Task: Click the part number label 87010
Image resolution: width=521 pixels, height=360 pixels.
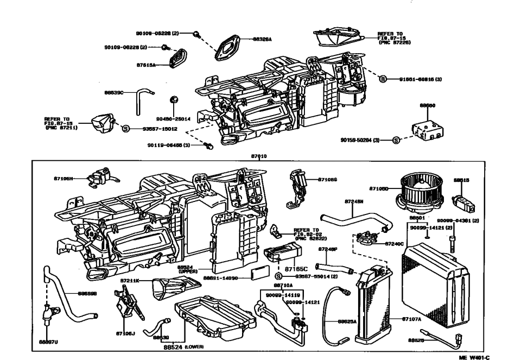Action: (x=259, y=156)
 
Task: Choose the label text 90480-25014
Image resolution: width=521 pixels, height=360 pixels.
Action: (x=173, y=118)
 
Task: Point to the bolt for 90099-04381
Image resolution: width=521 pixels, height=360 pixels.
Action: (x=452, y=244)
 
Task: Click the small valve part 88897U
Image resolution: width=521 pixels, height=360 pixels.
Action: (x=49, y=312)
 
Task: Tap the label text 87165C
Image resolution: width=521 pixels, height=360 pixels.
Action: (x=296, y=268)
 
